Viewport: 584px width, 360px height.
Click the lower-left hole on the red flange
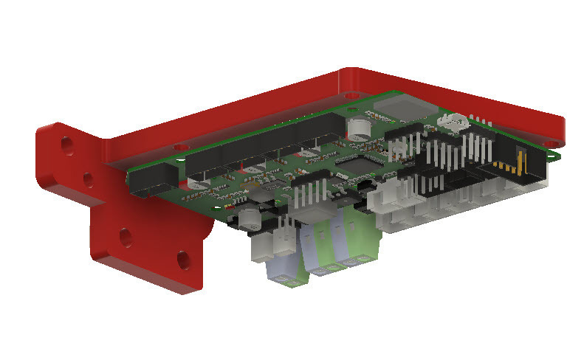coord(126,237)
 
